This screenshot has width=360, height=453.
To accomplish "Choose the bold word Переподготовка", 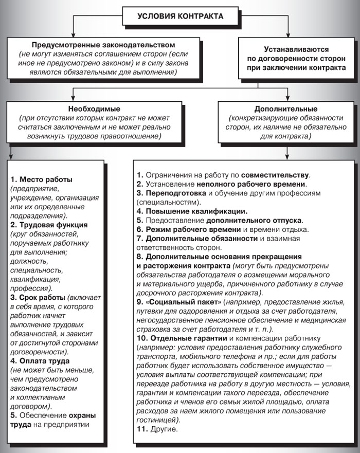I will tap(176, 193).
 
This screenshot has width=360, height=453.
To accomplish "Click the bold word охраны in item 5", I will tap(82, 415).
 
